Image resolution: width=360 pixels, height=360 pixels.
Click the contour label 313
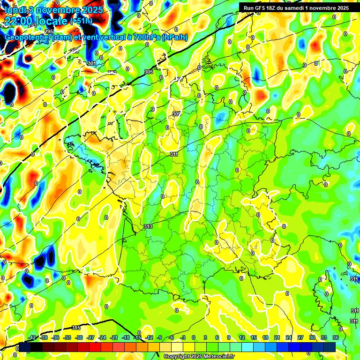tap(148, 226)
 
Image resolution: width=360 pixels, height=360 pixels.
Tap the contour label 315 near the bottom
tap(76, 327)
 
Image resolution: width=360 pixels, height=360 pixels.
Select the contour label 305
tap(149, 72)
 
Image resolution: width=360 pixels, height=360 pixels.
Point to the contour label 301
tap(91, 63)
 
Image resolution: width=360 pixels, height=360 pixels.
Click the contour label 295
tap(49, 45)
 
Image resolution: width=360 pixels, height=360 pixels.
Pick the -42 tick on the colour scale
tap(32, 337)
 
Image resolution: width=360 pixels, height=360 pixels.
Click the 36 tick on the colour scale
tap(335, 337)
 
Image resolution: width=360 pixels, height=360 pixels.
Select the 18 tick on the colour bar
tap(265, 337)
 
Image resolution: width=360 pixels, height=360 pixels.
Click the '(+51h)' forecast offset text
tap(81, 21)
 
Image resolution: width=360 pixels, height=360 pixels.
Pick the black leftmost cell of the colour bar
tap(24, 347)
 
